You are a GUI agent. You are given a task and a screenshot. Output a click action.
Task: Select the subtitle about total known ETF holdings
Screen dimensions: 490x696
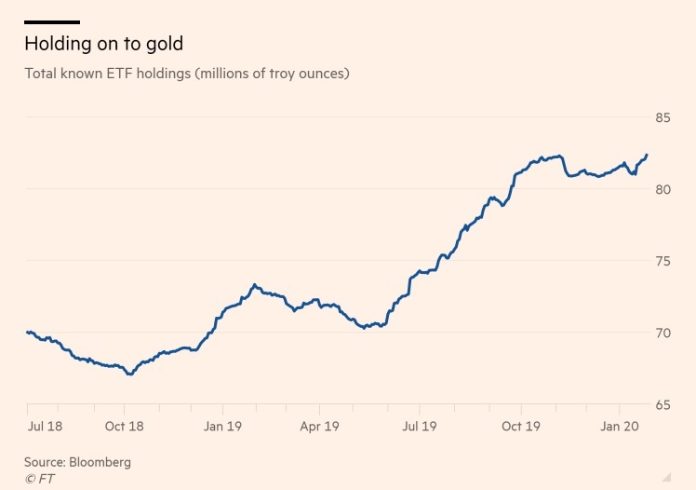tap(187, 73)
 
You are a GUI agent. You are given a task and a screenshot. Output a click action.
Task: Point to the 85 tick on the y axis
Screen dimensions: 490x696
tap(663, 118)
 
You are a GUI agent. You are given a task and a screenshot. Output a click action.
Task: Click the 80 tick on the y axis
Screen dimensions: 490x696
tap(663, 190)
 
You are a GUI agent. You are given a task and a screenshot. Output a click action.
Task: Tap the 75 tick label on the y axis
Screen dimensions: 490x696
tap(663, 262)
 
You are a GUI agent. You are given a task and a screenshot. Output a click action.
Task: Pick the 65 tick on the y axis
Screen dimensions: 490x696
tap(663, 405)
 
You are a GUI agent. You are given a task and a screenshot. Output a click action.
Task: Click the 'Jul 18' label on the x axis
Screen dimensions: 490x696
tap(46, 427)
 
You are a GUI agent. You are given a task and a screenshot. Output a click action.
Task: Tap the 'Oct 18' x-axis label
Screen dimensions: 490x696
tap(124, 427)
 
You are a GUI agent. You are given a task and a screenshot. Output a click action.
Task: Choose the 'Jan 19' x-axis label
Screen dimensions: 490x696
tap(222, 427)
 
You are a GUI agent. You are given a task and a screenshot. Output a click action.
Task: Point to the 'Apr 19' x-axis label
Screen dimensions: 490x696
tap(319, 427)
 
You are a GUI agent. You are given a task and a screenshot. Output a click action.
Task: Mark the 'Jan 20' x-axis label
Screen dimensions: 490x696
tap(619, 427)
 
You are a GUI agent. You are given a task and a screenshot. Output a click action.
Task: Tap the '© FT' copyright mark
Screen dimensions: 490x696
tap(41, 478)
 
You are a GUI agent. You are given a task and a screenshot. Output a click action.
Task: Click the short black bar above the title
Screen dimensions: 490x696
tap(52, 21)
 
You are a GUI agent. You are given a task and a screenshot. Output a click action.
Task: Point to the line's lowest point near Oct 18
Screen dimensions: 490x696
tap(131, 374)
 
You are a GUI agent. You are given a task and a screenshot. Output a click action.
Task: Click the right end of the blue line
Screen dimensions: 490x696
tap(647, 155)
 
